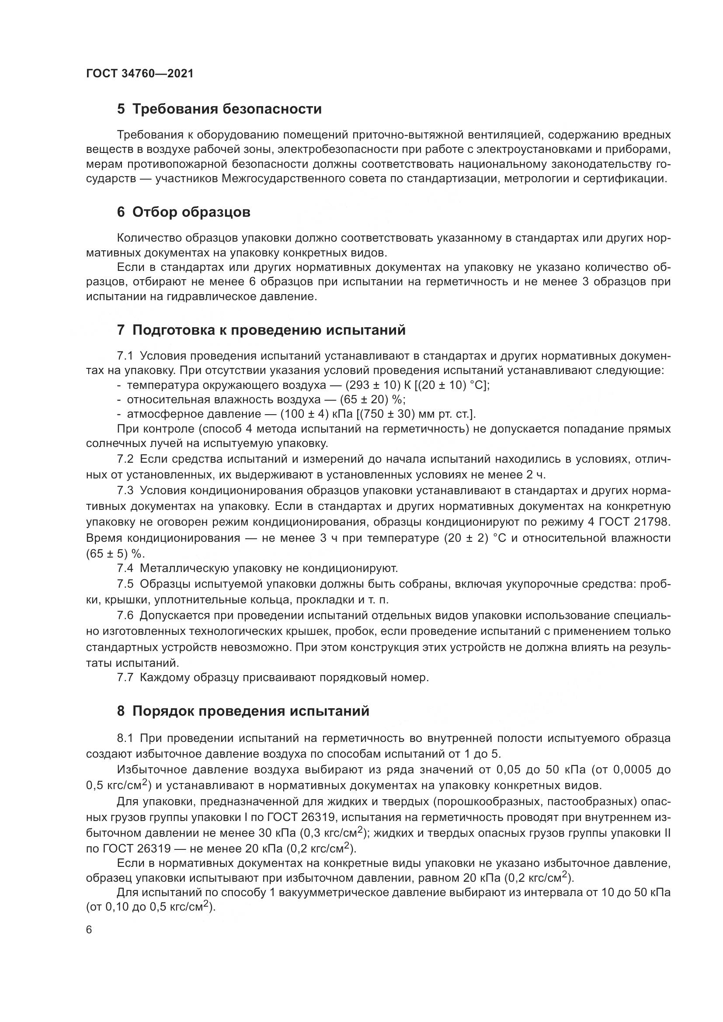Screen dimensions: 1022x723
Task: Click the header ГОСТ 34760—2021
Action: coord(140,74)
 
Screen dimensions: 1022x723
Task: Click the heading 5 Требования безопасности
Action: coord(219,109)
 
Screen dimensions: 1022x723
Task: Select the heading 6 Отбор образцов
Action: coord(184,212)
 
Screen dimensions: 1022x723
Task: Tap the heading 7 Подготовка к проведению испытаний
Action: coord(261,330)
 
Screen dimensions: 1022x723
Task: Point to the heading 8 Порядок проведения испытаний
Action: coord(243,711)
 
